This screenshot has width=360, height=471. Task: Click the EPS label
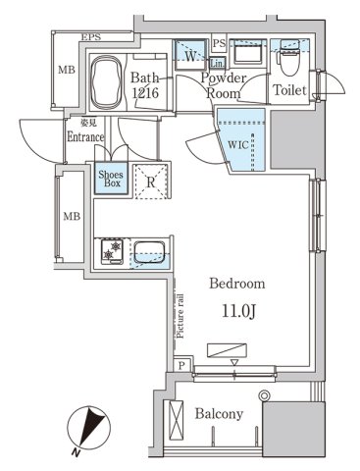coord(91,37)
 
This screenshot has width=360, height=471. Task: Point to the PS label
coord(219,43)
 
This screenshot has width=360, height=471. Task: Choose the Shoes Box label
coord(110,181)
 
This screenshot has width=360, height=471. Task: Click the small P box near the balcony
coord(182,365)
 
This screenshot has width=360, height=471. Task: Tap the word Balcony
coord(217,414)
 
